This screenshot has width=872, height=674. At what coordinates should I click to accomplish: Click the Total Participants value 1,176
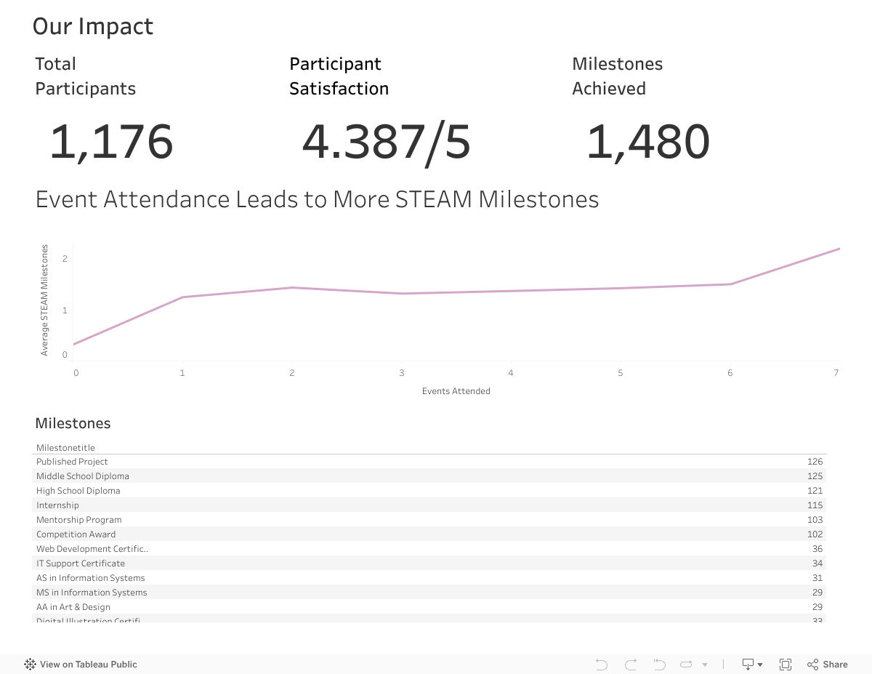(x=111, y=142)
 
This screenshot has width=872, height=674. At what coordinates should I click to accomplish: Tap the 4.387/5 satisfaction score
(x=386, y=142)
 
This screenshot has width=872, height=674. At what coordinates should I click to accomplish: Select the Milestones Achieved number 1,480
(x=647, y=142)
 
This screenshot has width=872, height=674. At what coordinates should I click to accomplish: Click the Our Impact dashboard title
(x=93, y=26)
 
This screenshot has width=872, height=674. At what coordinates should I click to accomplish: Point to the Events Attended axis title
(x=456, y=391)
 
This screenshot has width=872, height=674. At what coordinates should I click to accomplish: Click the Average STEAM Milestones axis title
(x=44, y=300)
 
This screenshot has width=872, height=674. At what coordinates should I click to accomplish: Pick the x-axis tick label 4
(x=511, y=373)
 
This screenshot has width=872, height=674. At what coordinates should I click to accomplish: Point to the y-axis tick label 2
(x=65, y=258)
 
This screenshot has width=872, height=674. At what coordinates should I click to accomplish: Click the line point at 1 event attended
(x=182, y=297)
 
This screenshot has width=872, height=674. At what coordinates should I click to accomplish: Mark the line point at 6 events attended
(x=730, y=284)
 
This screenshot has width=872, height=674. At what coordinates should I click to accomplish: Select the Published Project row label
(x=72, y=462)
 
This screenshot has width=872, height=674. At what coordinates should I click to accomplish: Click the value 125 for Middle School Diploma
(x=815, y=476)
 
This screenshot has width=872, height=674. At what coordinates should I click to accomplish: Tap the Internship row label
(x=57, y=505)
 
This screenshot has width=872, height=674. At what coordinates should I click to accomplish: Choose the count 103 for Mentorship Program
(x=815, y=520)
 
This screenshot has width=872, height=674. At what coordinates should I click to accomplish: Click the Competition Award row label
(x=76, y=534)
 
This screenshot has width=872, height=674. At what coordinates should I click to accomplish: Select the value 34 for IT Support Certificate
(x=817, y=563)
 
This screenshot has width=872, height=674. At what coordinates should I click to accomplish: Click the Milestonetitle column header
(x=65, y=448)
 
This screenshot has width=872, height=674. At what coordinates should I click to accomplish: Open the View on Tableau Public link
(x=81, y=664)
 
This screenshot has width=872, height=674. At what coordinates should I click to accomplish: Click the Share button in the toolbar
(x=828, y=664)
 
